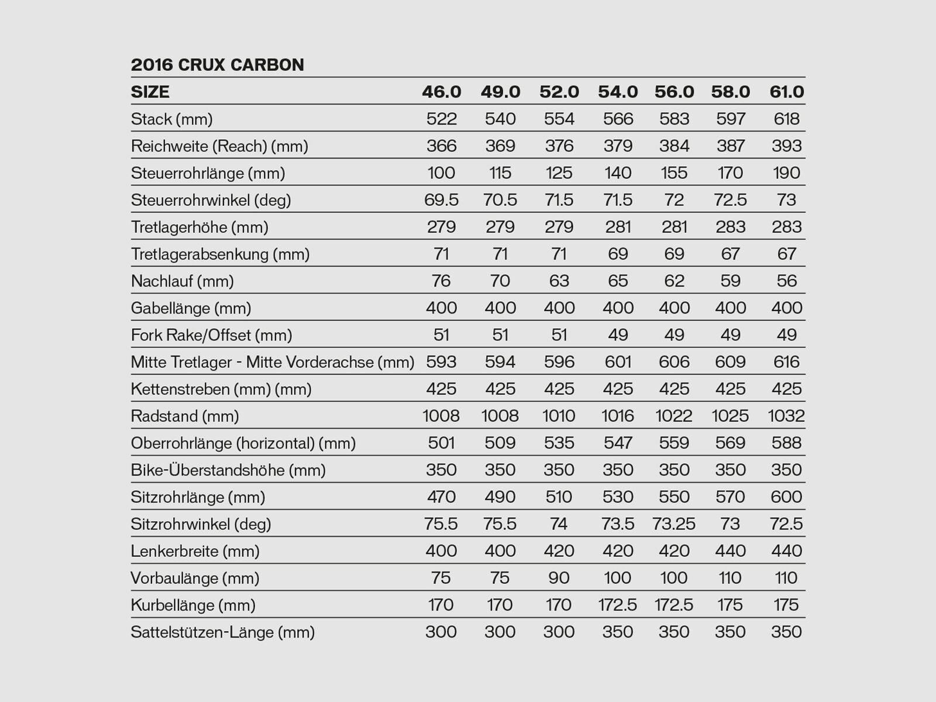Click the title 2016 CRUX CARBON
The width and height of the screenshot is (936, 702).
[218, 64]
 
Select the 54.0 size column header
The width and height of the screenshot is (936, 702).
[618, 92]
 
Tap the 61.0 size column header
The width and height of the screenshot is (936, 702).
[787, 92]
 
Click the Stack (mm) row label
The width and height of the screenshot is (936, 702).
[172, 119]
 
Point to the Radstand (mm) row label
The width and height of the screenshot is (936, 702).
[185, 416]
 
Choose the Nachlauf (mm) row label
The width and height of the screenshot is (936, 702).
[183, 281]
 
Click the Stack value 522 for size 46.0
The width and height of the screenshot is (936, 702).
[442, 119]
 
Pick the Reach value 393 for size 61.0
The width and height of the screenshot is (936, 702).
[787, 146]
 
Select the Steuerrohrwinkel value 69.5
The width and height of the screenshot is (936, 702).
[442, 200]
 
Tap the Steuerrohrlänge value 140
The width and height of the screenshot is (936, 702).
[618, 173]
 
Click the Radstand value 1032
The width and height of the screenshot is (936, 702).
[786, 416]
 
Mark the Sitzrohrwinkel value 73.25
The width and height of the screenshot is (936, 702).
[674, 524]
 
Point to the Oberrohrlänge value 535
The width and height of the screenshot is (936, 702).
[559, 443]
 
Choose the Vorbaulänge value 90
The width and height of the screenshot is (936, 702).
[559, 578]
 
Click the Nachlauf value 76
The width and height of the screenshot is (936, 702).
[442, 281]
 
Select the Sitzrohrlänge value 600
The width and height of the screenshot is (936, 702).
[787, 497]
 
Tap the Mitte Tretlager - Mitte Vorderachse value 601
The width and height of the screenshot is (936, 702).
[618, 362]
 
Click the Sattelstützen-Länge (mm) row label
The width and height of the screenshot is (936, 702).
[223, 632]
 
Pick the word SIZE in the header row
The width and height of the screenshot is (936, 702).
[150, 92]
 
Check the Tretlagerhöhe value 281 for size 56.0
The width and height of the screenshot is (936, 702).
[674, 227]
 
